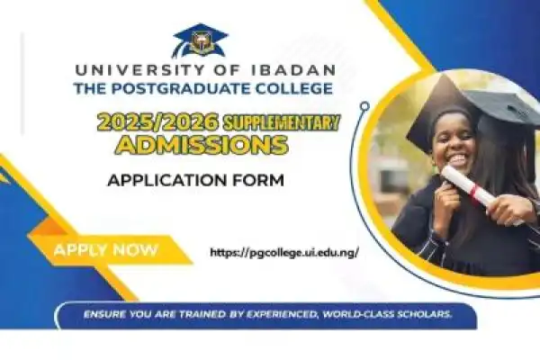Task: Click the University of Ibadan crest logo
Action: pos(200,40)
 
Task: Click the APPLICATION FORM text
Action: pos(195,180)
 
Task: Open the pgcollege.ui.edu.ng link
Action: pos(283,252)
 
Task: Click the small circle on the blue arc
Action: pos(364,105)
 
